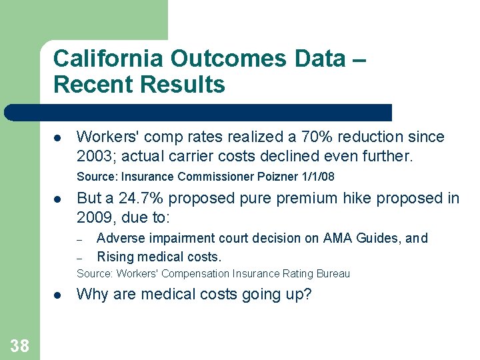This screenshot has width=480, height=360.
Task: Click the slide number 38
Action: coord(19,345)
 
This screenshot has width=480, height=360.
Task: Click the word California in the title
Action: coord(108,59)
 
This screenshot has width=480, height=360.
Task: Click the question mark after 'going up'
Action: coord(307,294)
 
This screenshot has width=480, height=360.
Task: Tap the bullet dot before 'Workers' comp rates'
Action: coord(58,138)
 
